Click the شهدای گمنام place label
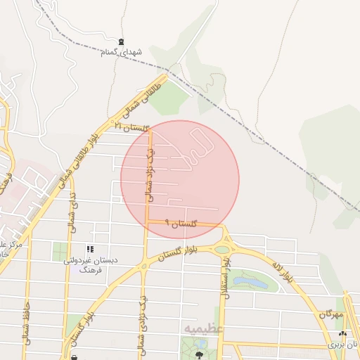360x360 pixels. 122,53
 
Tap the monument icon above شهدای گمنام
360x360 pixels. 122,42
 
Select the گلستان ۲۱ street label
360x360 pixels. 133,127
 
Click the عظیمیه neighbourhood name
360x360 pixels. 203,328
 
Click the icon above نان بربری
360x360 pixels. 342,334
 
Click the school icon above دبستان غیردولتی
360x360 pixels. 89,250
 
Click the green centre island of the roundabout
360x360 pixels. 222,249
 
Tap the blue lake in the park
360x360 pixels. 250,282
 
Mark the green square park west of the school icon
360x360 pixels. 61,250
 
